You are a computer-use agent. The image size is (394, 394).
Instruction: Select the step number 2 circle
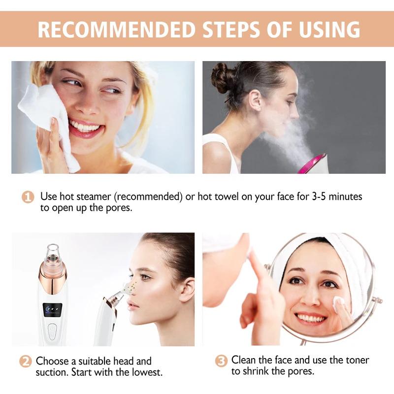[x=26, y=361]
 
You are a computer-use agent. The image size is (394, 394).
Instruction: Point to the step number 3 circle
[x=222, y=361]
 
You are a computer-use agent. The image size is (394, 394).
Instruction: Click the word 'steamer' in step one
[x=93, y=197]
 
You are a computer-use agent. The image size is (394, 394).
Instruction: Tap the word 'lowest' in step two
[x=146, y=372]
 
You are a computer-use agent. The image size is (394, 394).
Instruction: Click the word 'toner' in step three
[x=354, y=360]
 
